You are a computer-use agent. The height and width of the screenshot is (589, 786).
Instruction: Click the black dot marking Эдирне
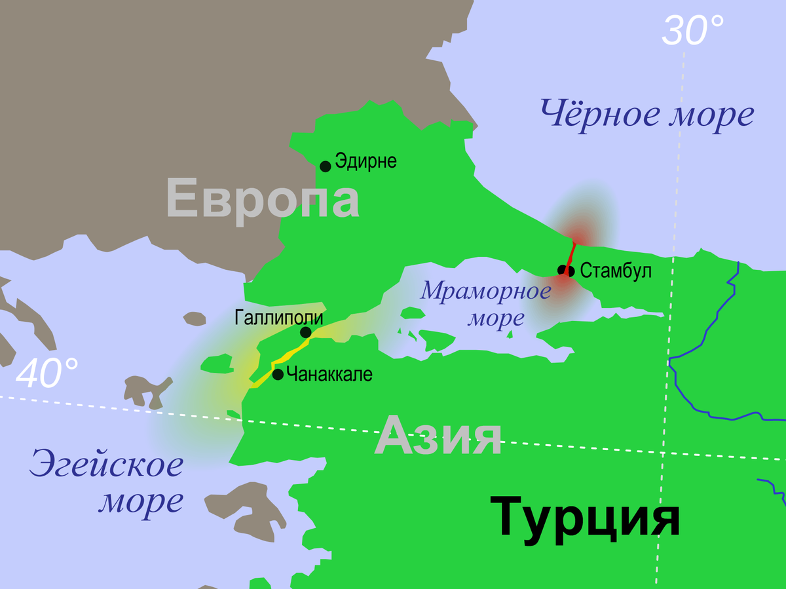click(325, 166)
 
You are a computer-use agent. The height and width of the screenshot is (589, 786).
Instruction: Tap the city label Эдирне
click(366, 161)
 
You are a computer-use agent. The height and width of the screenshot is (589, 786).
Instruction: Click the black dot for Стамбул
click(562, 270)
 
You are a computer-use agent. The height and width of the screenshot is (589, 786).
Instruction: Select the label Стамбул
click(616, 270)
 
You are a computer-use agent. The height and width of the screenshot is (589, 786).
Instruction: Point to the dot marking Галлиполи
click(305, 332)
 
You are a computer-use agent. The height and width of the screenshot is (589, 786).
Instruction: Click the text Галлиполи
click(278, 318)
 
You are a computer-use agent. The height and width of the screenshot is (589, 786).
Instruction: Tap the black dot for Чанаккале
click(278, 374)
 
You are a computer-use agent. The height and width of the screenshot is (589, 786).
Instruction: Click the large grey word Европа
click(263, 199)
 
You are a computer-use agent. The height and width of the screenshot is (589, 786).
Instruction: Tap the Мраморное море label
click(486, 303)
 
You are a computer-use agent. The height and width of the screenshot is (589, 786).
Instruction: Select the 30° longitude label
click(693, 31)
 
